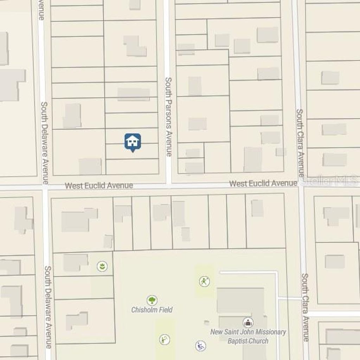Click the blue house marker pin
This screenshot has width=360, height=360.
[133, 142]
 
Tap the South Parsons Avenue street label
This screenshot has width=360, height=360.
[168, 117]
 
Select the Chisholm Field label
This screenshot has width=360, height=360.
[152, 310]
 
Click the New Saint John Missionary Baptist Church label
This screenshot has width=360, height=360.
[248, 336]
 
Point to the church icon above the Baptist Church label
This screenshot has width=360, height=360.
[248, 322]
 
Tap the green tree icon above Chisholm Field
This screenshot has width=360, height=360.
[152, 300]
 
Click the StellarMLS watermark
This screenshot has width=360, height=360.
[329, 181]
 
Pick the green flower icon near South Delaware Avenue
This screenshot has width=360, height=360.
[102, 266]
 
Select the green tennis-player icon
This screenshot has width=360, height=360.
[204, 281]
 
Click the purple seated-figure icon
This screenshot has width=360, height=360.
[200, 346]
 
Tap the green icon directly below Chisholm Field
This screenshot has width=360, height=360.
[164, 339]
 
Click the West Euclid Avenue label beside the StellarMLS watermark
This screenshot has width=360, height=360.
[263, 183]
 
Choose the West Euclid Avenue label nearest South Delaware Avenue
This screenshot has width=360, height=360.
[99, 185]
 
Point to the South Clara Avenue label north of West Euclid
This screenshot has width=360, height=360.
[300, 142]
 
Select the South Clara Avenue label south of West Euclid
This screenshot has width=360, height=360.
[305, 307]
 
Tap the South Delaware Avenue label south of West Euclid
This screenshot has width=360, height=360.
[48, 307]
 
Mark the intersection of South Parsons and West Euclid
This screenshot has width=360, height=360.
[168, 185]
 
